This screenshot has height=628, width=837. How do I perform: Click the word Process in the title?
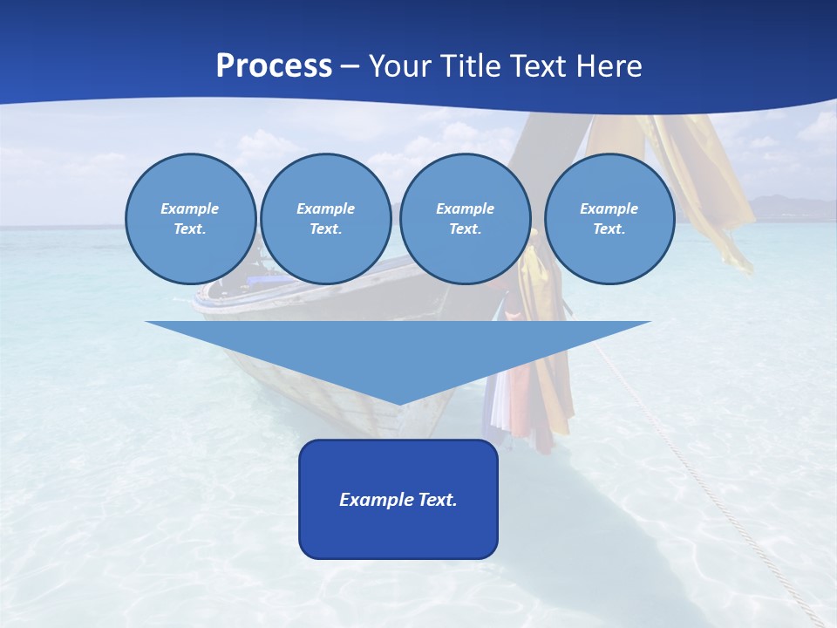coord(274,66)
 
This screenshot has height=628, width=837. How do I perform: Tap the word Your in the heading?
coord(403,66)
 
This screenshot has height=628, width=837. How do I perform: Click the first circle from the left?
coord(191,219)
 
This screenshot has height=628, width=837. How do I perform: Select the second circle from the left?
coord(326,219)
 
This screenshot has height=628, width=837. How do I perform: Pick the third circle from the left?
coord(466,219)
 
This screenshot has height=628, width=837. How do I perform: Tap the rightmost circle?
coord(609,219)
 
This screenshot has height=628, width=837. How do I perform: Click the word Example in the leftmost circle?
coord(190,208)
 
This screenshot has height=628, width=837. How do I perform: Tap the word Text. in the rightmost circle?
coord(609,229)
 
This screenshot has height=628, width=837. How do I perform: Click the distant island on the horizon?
coord(789,208)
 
